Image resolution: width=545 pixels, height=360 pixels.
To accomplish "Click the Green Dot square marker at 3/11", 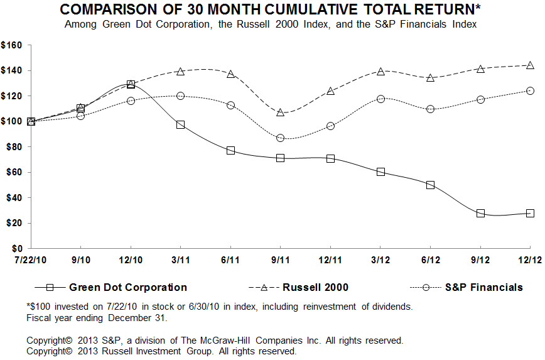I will (x=180, y=125).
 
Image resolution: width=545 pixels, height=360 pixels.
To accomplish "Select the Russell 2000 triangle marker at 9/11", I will (x=280, y=112).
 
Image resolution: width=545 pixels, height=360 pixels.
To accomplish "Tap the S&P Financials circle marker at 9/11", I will (x=280, y=138).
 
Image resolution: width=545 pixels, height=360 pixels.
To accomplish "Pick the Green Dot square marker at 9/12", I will (x=480, y=213).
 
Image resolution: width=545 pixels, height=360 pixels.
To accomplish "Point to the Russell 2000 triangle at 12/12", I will (x=530, y=65).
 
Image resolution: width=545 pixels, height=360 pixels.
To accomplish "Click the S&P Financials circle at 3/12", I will (x=380, y=99).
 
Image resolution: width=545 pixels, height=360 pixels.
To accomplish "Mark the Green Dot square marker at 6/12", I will (x=430, y=185).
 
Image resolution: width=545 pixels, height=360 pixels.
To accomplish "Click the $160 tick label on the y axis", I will (x=12, y=45).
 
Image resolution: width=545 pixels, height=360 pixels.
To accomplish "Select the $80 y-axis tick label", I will (x=14, y=147).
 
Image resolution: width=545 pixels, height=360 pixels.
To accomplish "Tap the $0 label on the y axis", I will (x=17, y=249).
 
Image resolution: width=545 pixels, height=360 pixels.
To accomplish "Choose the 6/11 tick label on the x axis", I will (x=230, y=259).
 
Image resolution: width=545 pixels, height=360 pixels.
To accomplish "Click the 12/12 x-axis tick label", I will (x=530, y=259).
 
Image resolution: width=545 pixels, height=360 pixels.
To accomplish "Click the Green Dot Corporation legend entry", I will (x=127, y=287).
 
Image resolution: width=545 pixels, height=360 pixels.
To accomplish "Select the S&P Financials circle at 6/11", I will (x=230, y=105).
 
